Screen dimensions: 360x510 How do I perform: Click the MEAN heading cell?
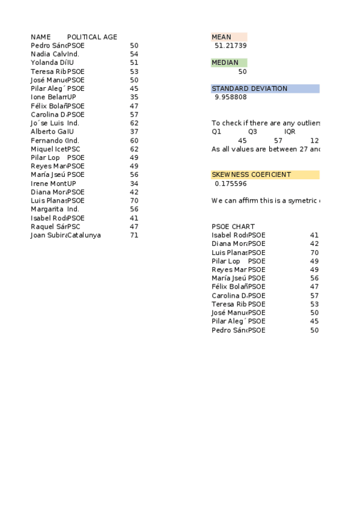click(x=222, y=37)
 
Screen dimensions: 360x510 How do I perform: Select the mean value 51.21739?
click(x=230, y=46)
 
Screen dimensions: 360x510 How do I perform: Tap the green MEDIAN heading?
click(x=225, y=63)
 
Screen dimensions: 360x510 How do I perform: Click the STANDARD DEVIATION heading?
click(x=249, y=88)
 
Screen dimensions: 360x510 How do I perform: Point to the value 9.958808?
click(x=230, y=97)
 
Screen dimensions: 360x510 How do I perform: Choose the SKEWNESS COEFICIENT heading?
click(x=251, y=174)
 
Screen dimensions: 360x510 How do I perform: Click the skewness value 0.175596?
click(x=230, y=183)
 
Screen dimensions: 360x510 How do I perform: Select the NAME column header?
click(x=41, y=37)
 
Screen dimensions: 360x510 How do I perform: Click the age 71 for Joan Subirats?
click(x=134, y=235)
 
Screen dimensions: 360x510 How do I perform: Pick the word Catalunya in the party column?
click(x=84, y=235)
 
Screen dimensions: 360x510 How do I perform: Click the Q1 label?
click(x=217, y=131)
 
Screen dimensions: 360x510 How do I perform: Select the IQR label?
click(x=290, y=131)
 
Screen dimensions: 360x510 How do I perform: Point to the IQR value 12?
click(x=314, y=140)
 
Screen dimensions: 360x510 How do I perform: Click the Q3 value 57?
click(x=278, y=140)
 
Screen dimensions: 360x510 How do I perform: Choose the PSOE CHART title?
click(x=233, y=227)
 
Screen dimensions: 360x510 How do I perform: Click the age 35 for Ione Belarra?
click(x=134, y=97)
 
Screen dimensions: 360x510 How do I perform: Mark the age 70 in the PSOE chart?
click(x=314, y=253)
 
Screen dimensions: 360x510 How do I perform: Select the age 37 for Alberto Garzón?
click(x=134, y=132)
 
